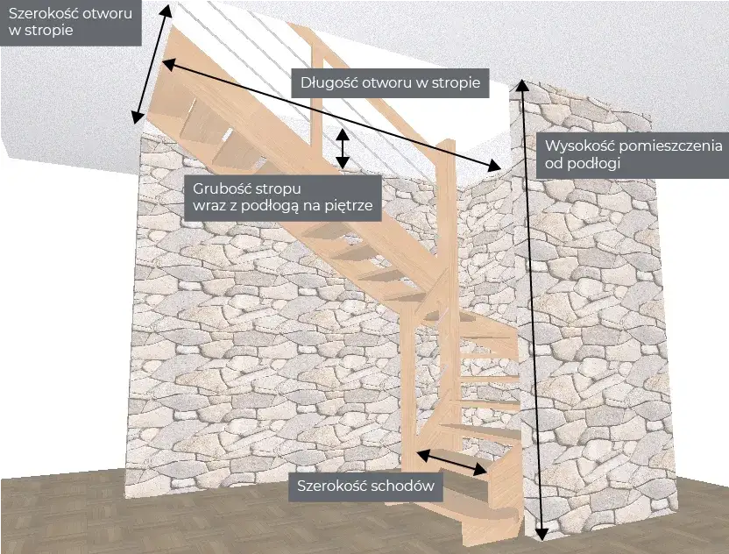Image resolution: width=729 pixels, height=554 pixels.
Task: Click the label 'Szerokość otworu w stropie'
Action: click(x=70, y=22)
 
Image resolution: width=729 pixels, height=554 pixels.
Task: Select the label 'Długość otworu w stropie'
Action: click(x=390, y=83)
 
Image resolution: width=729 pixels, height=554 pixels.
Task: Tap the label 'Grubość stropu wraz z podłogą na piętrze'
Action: click(x=283, y=197)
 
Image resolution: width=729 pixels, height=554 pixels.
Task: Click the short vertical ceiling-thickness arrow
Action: click(x=343, y=149)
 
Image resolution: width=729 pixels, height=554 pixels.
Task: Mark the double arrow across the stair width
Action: click(x=451, y=463)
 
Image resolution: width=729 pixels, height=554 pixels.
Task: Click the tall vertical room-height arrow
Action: click(x=531, y=307)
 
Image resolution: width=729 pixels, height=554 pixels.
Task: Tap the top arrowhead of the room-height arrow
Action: click(x=521, y=87)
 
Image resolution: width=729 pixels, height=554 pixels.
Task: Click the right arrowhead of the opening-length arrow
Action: click(x=497, y=165)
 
